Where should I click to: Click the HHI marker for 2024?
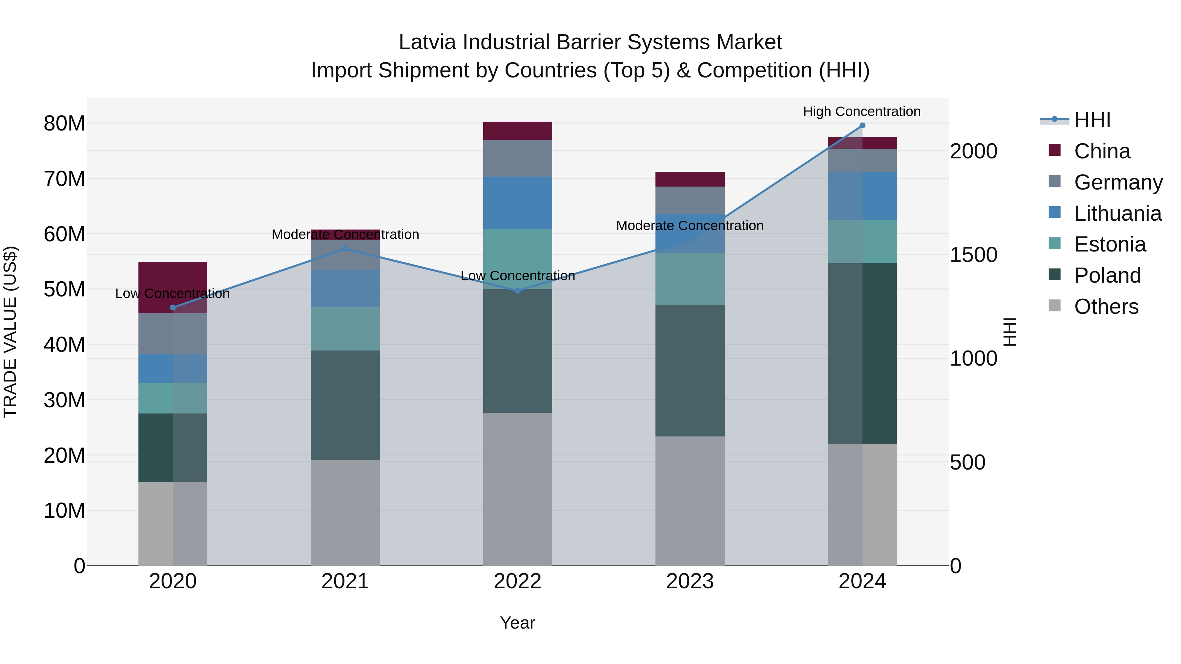pos(862,126)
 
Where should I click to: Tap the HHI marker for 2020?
pos(173,308)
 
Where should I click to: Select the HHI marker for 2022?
pos(518,291)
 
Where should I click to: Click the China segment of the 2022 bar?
pos(518,131)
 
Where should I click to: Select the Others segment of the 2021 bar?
pos(345,512)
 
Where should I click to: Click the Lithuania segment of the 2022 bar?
pos(518,203)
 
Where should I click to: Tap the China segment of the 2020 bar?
pos(173,279)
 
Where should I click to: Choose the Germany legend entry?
pos(1118,182)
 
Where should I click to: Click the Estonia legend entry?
pos(1109,245)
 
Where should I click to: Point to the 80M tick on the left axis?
pos(64,124)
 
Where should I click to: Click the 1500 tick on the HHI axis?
pos(973,255)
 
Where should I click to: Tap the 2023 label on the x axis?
pos(690,581)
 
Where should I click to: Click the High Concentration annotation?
pos(861,111)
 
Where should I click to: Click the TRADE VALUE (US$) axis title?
pos(10,332)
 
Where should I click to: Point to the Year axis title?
pos(518,623)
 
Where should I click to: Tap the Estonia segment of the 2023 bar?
pos(690,279)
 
